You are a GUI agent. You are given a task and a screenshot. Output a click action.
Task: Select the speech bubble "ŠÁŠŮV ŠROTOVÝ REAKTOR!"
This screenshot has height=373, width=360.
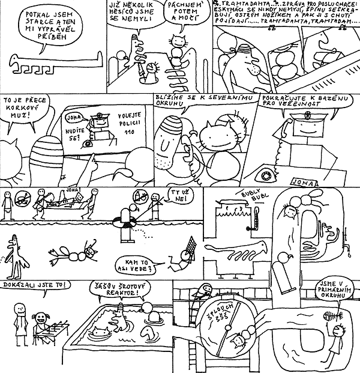point(118,290)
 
